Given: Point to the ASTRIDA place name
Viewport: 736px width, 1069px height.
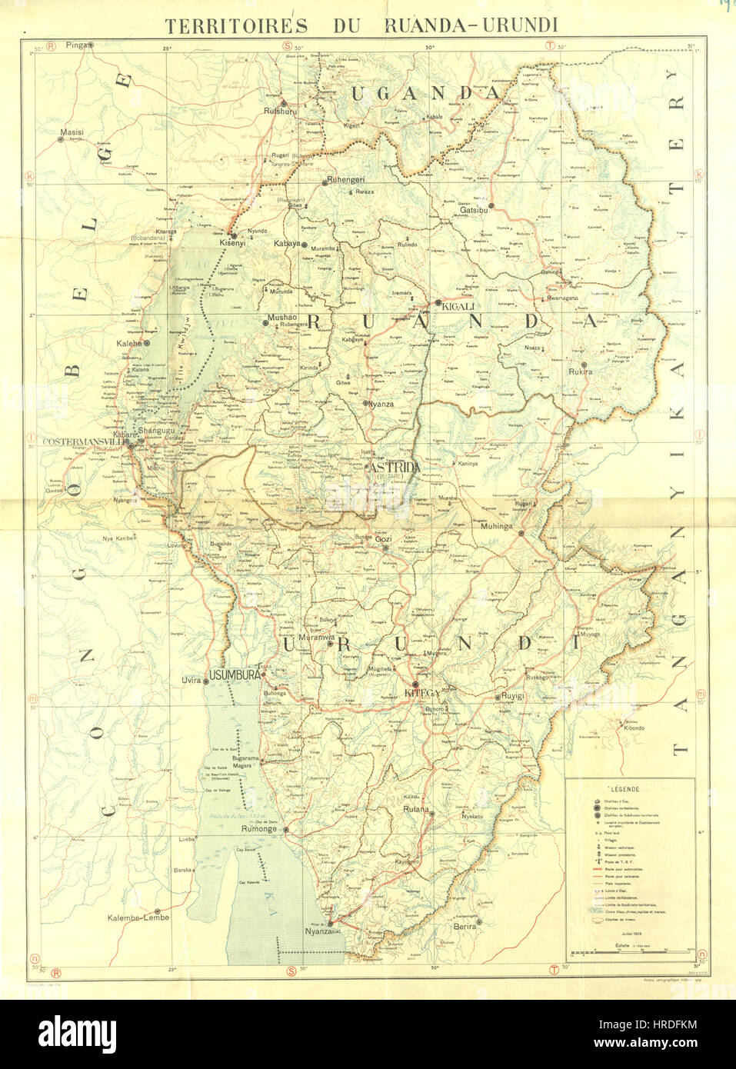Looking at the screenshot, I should [x=395, y=468].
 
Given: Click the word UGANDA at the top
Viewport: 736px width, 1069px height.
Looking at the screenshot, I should [x=425, y=93].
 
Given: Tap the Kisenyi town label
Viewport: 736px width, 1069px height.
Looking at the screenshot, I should [x=232, y=242].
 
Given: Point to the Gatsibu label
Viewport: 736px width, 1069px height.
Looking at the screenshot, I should [x=474, y=209].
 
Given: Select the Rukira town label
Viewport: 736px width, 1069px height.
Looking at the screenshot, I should [x=580, y=371].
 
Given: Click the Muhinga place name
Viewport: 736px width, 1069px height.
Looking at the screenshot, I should [x=496, y=527].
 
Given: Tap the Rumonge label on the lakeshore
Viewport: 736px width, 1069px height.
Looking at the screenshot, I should [x=258, y=829].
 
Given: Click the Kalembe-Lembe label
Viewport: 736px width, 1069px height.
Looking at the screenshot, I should [x=138, y=917].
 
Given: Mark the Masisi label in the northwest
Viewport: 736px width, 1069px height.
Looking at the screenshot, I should [x=72, y=132].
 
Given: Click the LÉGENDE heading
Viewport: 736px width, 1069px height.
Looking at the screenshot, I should [x=625, y=789].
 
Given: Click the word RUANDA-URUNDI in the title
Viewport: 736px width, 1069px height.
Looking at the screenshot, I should [x=471, y=25].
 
